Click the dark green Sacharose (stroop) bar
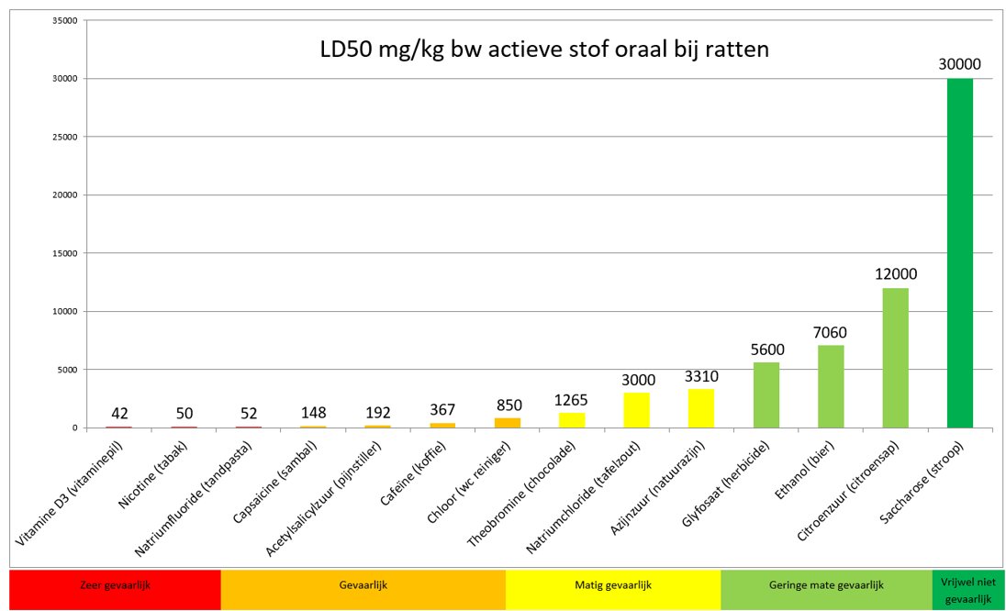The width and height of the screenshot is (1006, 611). click(x=959, y=253)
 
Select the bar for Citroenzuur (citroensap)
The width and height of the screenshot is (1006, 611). click(x=895, y=358)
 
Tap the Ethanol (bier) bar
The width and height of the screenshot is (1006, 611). click(x=831, y=386)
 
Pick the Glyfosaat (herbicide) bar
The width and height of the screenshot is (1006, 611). click(x=766, y=394)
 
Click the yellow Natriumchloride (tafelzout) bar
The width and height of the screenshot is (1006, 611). click(x=636, y=410)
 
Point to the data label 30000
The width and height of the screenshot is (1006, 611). click(x=959, y=64)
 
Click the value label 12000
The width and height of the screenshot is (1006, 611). click(x=895, y=273)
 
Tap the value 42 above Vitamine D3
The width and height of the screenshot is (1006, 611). click(x=118, y=413)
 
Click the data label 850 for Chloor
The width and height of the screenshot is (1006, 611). click(x=507, y=404)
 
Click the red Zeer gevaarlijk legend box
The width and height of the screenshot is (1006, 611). click(x=115, y=590)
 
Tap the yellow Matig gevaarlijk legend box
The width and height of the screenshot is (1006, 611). click(x=612, y=590)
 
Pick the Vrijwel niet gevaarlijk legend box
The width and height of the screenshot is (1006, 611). click(x=962, y=590)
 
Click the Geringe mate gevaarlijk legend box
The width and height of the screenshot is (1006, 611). click(x=826, y=590)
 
